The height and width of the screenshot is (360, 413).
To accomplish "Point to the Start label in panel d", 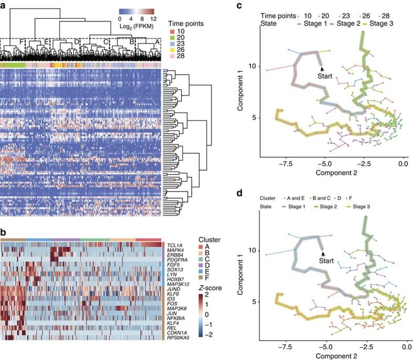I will [x=327, y=260].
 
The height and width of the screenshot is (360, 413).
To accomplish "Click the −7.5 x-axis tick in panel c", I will [x=284, y=163].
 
